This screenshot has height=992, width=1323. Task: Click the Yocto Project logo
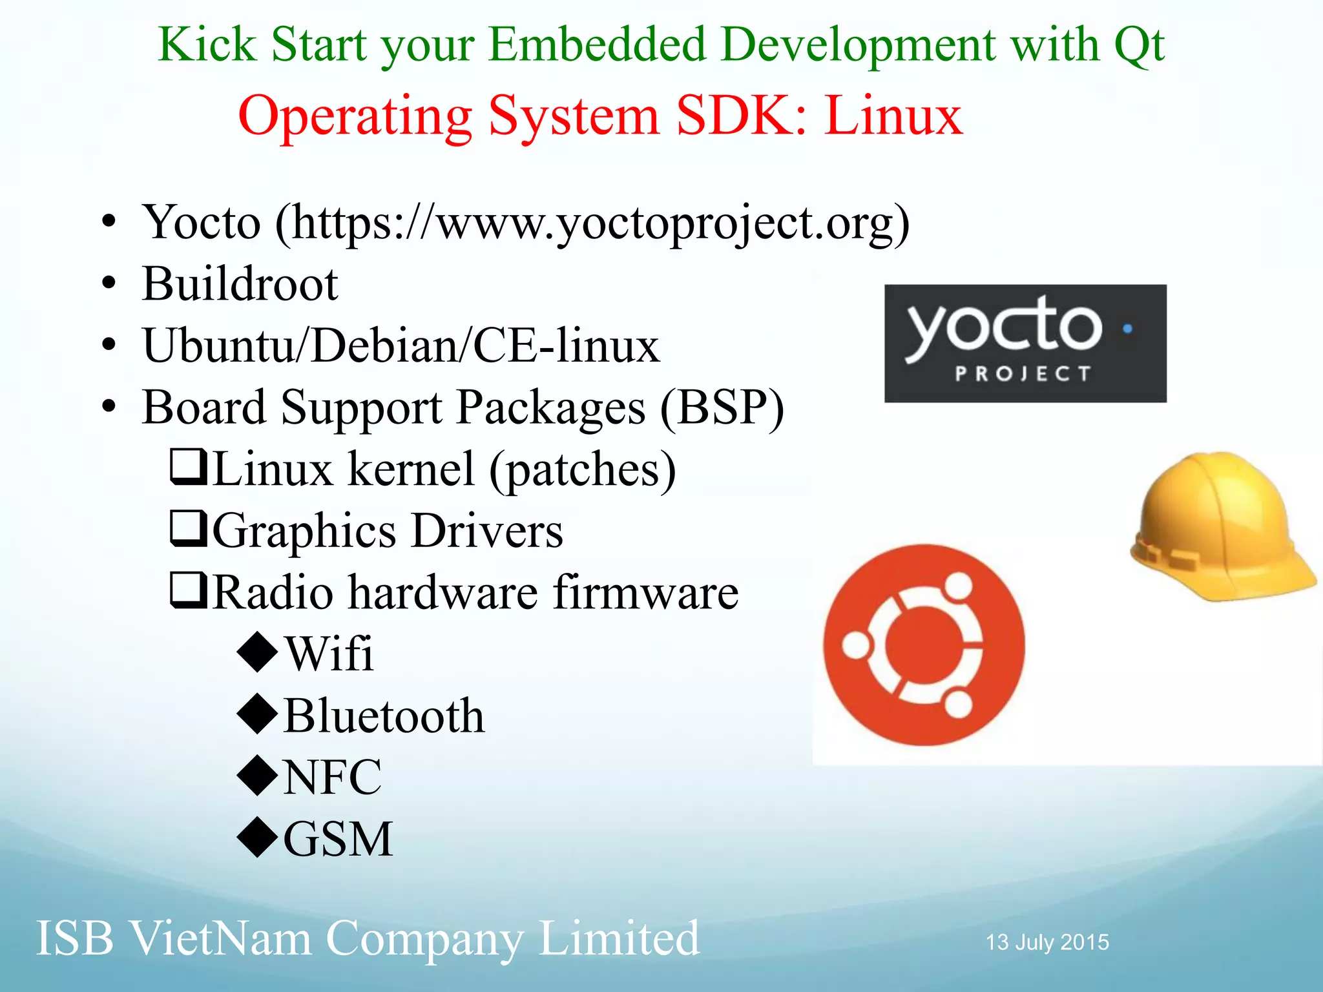[x=1025, y=343]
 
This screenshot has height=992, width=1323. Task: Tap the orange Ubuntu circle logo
[x=924, y=645]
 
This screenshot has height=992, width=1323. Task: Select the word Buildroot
[x=240, y=284]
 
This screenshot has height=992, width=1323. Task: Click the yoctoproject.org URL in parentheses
[x=592, y=223]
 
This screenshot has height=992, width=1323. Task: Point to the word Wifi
[x=329, y=654]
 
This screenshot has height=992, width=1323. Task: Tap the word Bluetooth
[x=384, y=716]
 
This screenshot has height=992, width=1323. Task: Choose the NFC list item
[x=333, y=777]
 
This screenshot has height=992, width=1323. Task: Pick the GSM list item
[x=338, y=839]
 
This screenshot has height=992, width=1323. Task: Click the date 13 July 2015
[x=1047, y=942]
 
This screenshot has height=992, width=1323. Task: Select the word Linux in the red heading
[x=893, y=116]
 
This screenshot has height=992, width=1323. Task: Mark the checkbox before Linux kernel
[x=188, y=467]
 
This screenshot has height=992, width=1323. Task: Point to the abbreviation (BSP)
[x=722, y=408]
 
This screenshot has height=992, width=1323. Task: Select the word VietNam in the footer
[x=222, y=938]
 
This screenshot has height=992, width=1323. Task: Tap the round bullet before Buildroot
[x=109, y=284]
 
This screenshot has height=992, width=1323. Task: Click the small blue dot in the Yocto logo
[x=1127, y=328]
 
